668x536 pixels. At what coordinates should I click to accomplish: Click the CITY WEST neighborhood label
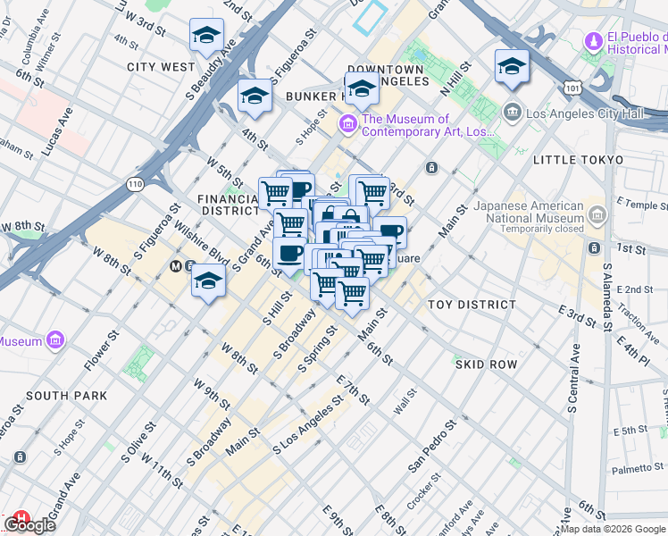[161, 67]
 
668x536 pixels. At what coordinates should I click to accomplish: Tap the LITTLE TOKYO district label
[578, 159]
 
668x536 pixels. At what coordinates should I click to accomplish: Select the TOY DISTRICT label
[472, 305]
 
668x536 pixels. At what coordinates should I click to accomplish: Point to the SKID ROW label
[486, 364]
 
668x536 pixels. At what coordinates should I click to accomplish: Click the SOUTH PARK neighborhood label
[67, 395]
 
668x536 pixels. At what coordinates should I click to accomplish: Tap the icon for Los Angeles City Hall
[512, 112]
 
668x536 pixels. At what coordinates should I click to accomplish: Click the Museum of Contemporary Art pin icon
[348, 123]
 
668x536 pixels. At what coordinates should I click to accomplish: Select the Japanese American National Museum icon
[597, 214]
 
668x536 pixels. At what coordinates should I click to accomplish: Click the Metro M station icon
[176, 266]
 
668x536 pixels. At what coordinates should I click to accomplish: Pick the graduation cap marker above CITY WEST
[206, 36]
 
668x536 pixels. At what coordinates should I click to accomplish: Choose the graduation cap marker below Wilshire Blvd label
[208, 281]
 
